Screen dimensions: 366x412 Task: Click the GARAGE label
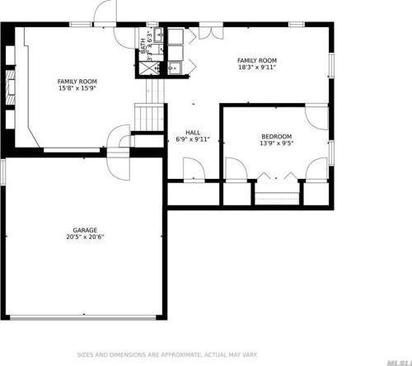[84, 230]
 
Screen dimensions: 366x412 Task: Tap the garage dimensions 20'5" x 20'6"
[84, 237]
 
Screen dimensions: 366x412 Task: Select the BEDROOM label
[276, 136]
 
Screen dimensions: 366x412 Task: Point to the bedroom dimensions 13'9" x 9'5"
[276, 143]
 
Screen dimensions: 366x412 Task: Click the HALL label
[193, 132]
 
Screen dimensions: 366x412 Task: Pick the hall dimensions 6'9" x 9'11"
[193, 139]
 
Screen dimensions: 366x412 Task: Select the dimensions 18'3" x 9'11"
[256, 68]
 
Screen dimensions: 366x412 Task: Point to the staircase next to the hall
[149, 116]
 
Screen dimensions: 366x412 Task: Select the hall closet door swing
[194, 170]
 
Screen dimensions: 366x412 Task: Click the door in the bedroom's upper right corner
[316, 115]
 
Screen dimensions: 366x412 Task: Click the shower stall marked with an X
[151, 69]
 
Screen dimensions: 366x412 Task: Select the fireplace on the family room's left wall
[10, 87]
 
